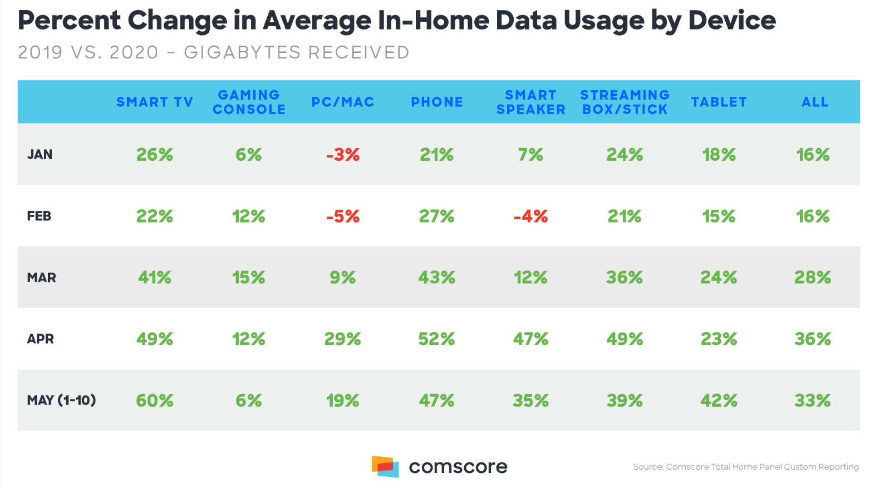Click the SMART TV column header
[x=154, y=102]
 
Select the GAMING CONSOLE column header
[x=249, y=102]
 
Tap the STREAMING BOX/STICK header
[x=625, y=102]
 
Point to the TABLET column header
[x=719, y=102]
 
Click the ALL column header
[x=814, y=102]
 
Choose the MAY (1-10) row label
[x=61, y=400]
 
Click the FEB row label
[x=39, y=216]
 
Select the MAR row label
[x=41, y=277]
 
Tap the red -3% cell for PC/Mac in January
[x=343, y=155]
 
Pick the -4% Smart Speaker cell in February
[x=530, y=216]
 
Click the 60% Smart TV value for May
[x=155, y=401]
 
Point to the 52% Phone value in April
[x=436, y=339]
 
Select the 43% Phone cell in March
[x=436, y=277]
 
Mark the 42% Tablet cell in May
[x=719, y=401]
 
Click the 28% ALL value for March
[x=813, y=277]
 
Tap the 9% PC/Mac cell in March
[x=343, y=277]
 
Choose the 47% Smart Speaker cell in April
[x=530, y=339]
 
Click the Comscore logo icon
[x=385, y=466]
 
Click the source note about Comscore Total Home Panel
[x=745, y=467]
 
